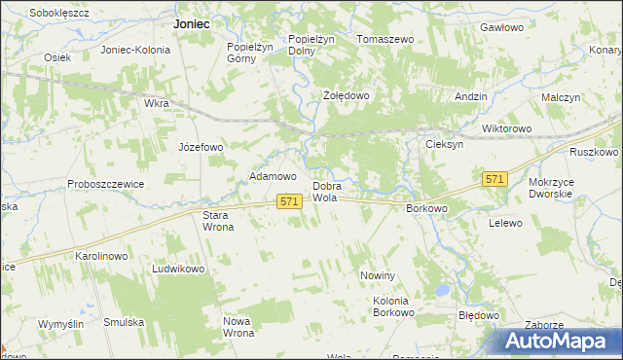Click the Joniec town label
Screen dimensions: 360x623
coord(191,23)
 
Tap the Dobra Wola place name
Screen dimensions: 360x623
coord(324,192)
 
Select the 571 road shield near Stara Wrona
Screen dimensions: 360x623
coord(288,200)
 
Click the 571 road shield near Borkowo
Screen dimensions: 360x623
coord(495,179)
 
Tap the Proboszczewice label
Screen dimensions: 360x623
coord(106,184)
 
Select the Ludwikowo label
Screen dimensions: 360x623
coord(177,269)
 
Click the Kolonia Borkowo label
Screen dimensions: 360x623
coord(394,307)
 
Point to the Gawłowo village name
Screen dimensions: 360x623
coord(502,28)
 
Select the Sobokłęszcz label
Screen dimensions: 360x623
coord(59,13)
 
